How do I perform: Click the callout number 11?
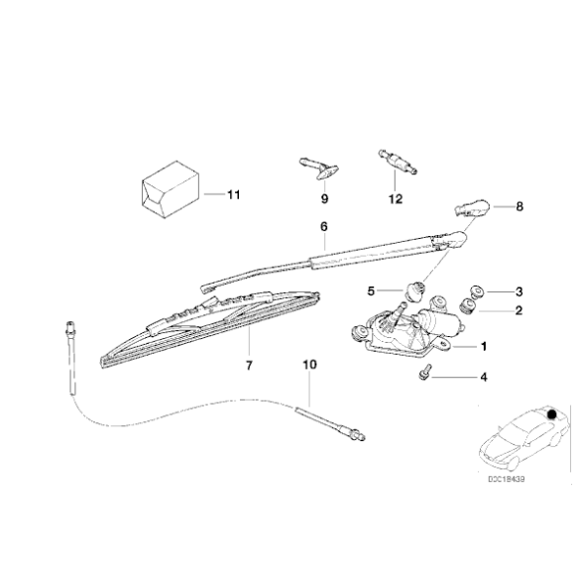click(233, 193)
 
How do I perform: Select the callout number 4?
click(483, 377)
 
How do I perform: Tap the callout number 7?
click(249, 366)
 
